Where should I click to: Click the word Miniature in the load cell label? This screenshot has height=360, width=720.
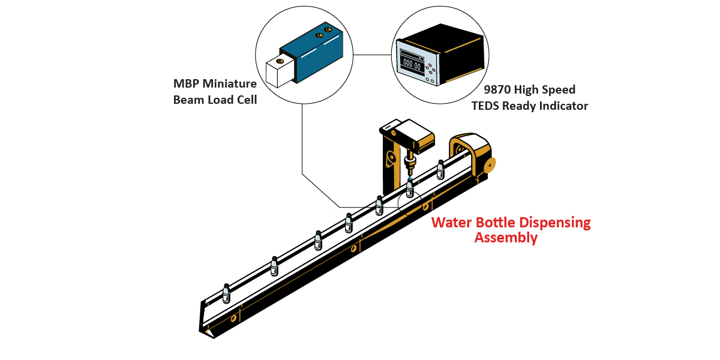[x=230, y=84]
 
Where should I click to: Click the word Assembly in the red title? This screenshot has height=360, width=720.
[x=506, y=238]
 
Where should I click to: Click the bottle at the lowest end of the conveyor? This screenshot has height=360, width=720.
[x=226, y=293]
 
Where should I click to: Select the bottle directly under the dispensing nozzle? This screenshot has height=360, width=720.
[x=410, y=188]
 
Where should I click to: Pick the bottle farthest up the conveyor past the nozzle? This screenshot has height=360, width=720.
[x=440, y=169]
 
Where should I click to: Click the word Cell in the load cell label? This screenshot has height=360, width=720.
[x=245, y=100]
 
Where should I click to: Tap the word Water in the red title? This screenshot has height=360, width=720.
[x=452, y=223]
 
